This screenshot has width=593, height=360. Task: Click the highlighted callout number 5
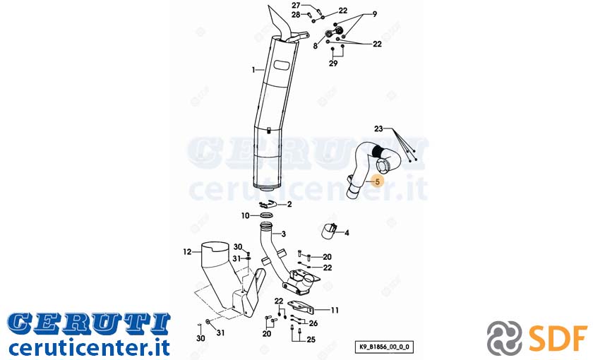coord(377,182)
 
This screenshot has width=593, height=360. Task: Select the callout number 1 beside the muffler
coord(253,70)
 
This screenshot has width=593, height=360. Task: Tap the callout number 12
coord(188,251)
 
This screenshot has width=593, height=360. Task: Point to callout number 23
coord(378,129)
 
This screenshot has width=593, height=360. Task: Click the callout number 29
coord(333,63)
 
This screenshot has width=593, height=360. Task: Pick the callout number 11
coord(335,311)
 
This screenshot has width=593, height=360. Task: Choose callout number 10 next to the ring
coord(246,216)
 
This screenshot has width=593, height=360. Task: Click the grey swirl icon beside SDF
coord(505,337)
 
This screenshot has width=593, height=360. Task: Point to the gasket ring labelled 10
coord(267,216)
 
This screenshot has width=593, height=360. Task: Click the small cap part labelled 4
coord(329,231)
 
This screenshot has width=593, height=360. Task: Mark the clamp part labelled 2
coord(268,205)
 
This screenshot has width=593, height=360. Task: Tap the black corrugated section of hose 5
coord(377,151)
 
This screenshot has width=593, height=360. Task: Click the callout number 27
coord(296,6)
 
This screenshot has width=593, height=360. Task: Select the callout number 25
coord(311,340)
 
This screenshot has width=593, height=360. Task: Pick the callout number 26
coord(313,323)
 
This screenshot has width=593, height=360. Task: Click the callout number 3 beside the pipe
coord(284,234)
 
